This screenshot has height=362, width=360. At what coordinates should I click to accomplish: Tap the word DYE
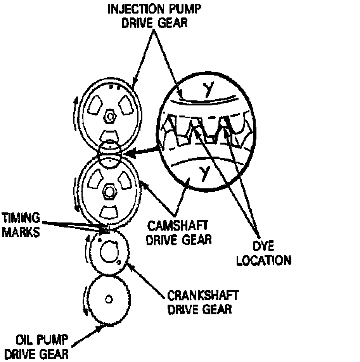[263, 247]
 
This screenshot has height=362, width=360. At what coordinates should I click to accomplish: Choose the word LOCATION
[263, 260]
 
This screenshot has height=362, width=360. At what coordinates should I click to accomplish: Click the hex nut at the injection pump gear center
[110, 116]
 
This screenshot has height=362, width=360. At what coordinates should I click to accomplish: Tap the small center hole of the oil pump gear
[109, 299]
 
